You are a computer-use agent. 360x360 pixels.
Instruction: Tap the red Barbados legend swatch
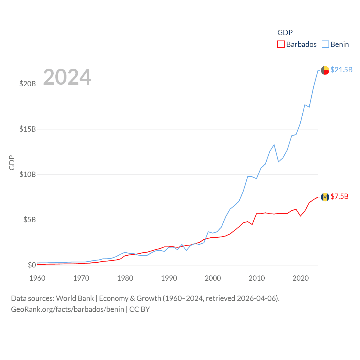coord(281,44)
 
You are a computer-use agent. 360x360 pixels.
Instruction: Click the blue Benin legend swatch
coord(325,44)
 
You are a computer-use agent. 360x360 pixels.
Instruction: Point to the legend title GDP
coord(285,33)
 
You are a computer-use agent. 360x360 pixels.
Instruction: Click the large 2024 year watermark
coord(67,77)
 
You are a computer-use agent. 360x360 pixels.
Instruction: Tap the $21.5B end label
coord(341,70)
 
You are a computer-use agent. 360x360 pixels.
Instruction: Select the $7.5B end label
coord(339,196)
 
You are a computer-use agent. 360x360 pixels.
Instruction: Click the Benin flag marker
coord(325,70)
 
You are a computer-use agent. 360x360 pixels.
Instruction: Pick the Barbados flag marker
coord(325,197)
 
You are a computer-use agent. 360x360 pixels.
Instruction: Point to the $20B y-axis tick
coord(27,84)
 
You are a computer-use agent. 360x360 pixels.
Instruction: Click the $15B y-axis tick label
coord(27,129)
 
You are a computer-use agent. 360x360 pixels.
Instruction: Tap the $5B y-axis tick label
coord(29,220)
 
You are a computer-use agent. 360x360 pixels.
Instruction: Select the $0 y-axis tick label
coord(32,265)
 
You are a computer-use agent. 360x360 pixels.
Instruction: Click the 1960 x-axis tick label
coord(37,278)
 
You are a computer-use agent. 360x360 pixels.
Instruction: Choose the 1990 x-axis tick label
coord(169,278)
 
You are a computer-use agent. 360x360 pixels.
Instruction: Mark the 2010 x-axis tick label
coord(257,278)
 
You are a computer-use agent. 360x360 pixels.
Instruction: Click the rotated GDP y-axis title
coord(12,163)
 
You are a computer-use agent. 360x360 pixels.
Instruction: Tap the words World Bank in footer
coord(75,298)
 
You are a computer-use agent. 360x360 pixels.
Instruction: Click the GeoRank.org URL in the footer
coord(67,309)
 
